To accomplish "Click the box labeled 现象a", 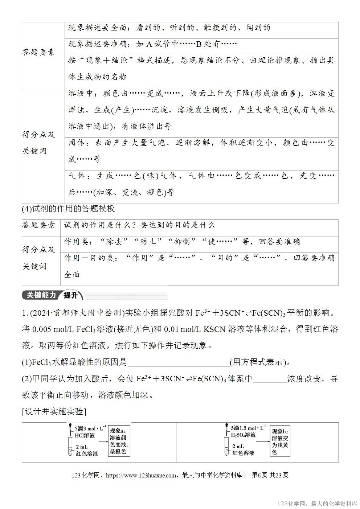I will click(x=119, y=441).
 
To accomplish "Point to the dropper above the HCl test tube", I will click(x=70, y=430).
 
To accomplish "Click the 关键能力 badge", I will click(x=41, y=295).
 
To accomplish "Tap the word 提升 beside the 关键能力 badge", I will click(x=71, y=295).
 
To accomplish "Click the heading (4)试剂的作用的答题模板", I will click(x=68, y=209).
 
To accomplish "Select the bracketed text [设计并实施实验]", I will click(x=54, y=412).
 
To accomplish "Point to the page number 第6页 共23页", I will click(x=270, y=475).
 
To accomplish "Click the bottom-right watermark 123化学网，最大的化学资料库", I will click(x=317, y=504).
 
